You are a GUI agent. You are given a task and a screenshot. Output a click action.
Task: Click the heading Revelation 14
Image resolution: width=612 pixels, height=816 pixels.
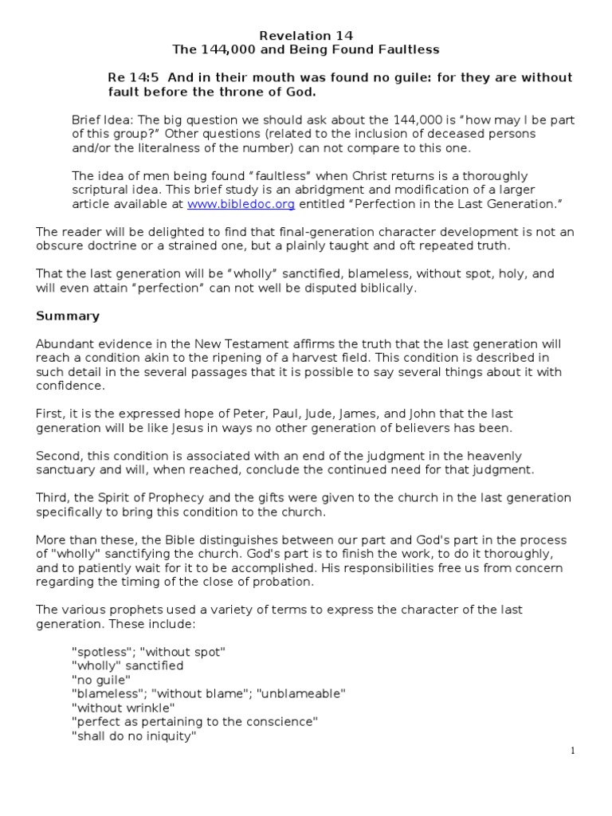307,36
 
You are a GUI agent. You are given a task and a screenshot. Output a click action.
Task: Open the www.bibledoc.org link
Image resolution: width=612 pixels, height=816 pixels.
241,205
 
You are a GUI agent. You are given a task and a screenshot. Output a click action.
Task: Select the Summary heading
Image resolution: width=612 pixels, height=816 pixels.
68,316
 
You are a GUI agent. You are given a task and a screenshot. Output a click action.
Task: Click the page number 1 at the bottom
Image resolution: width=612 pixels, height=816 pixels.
573,751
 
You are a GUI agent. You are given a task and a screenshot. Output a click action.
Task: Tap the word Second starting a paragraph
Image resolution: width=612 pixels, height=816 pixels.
57,456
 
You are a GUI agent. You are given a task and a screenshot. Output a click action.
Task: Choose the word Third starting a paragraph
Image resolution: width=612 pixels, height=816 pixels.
52,498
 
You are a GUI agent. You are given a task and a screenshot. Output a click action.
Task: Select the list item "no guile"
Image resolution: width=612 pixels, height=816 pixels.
101,679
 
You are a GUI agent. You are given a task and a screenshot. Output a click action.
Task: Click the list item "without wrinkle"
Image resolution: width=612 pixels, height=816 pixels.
124,708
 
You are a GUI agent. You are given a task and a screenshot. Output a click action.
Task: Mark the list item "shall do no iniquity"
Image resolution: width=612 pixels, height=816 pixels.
134,736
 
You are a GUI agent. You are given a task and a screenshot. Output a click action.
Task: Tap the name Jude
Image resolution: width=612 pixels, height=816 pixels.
305,414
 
